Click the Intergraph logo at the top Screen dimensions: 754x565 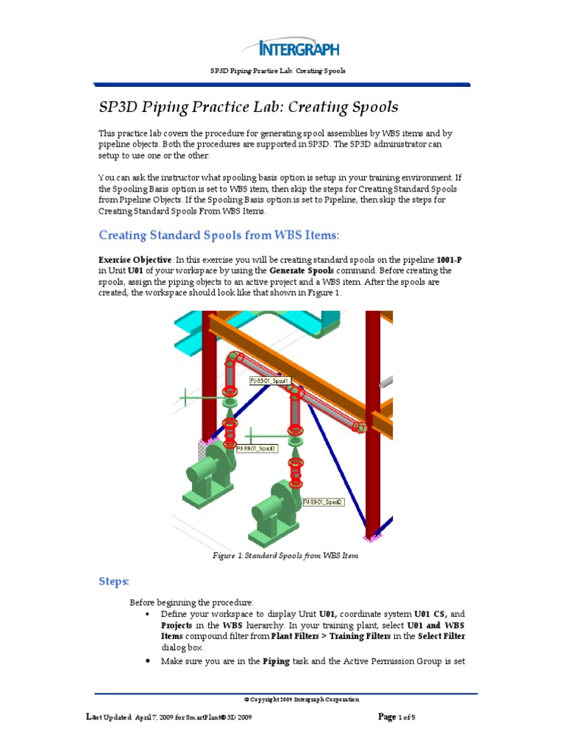point(299,49)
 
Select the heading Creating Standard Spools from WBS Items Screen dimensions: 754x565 point(219,235)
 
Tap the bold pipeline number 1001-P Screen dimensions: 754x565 point(449,261)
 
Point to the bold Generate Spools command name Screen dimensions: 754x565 point(300,271)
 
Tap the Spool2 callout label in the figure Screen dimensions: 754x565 point(323,502)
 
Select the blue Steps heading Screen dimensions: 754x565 point(114,582)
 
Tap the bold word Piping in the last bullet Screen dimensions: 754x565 point(276,661)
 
